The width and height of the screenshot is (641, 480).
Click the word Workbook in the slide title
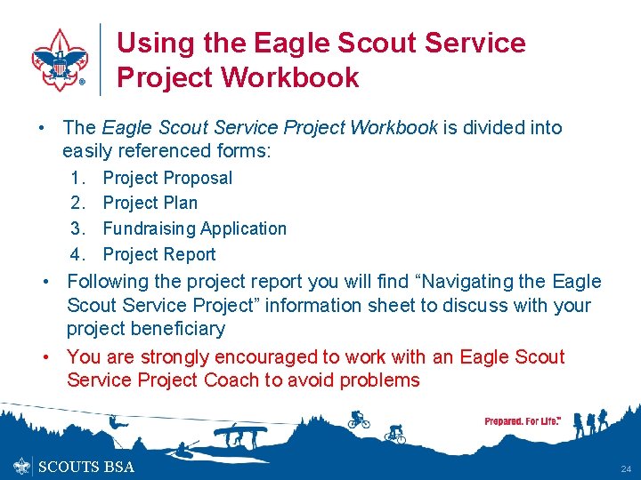pos(290,77)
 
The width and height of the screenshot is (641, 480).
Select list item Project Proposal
pos(167,178)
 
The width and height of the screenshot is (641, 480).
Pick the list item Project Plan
pos(150,203)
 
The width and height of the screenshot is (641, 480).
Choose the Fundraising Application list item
pos(194,228)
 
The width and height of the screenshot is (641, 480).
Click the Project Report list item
pos(159,254)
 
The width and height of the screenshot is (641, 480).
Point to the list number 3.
pos(77,228)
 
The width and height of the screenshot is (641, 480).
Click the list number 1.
pos(77,178)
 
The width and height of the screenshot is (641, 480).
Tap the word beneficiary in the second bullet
pos(174,329)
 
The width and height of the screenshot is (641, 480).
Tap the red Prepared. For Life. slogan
pos(522,420)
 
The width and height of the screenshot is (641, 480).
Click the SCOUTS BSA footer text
pos(86,467)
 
